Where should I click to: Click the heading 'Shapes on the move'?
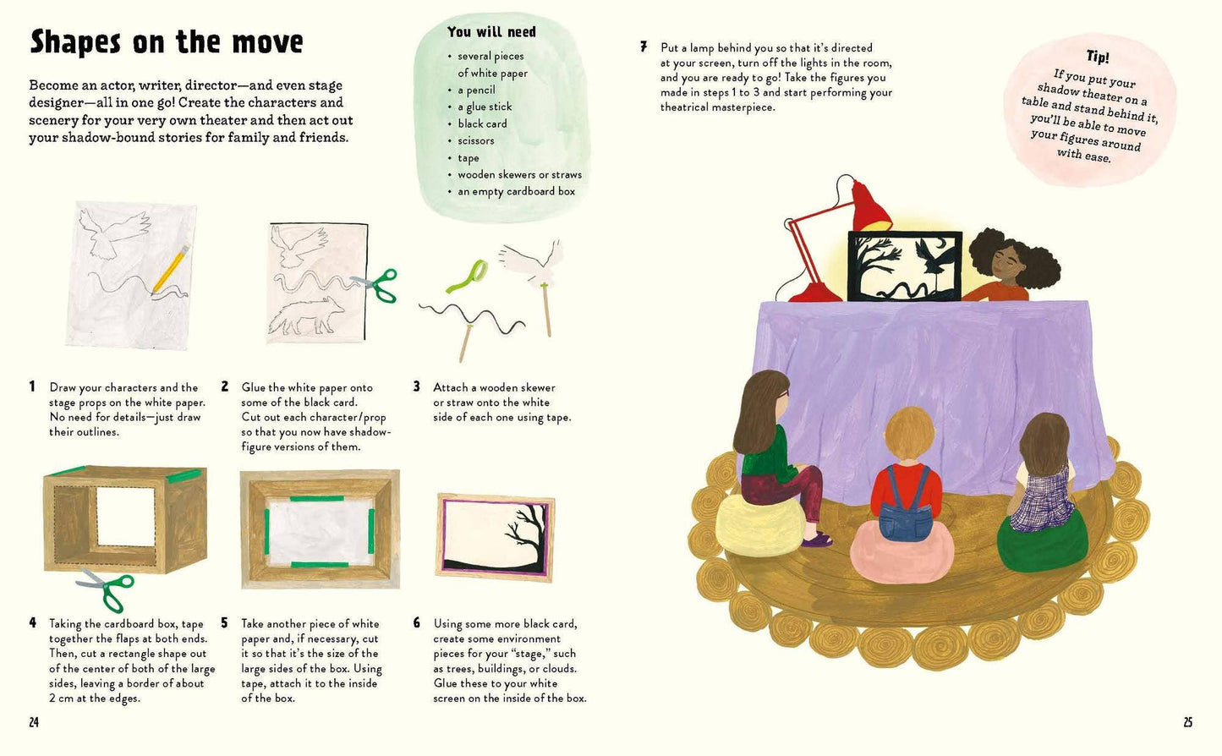[x=166, y=41]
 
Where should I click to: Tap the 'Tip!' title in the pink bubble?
[x=1098, y=57]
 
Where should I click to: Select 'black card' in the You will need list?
[x=482, y=123]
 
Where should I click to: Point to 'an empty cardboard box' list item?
[x=516, y=191]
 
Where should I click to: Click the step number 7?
[x=644, y=47]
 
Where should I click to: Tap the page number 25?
[x=1187, y=722]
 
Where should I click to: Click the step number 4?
[x=32, y=623]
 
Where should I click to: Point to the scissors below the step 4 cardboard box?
[x=107, y=588]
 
